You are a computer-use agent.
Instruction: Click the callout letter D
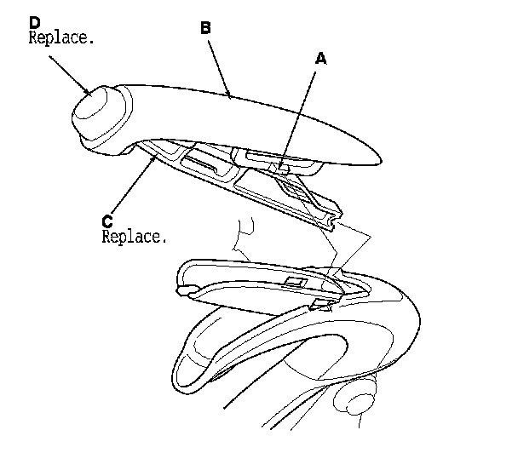click(x=34, y=22)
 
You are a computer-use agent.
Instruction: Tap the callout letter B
click(x=205, y=27)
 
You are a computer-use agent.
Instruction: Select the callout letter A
click(x=320, y=59)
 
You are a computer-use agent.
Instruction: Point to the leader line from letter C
click(x=133, y=182)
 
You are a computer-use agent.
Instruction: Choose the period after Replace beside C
click(x=164, y=241)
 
